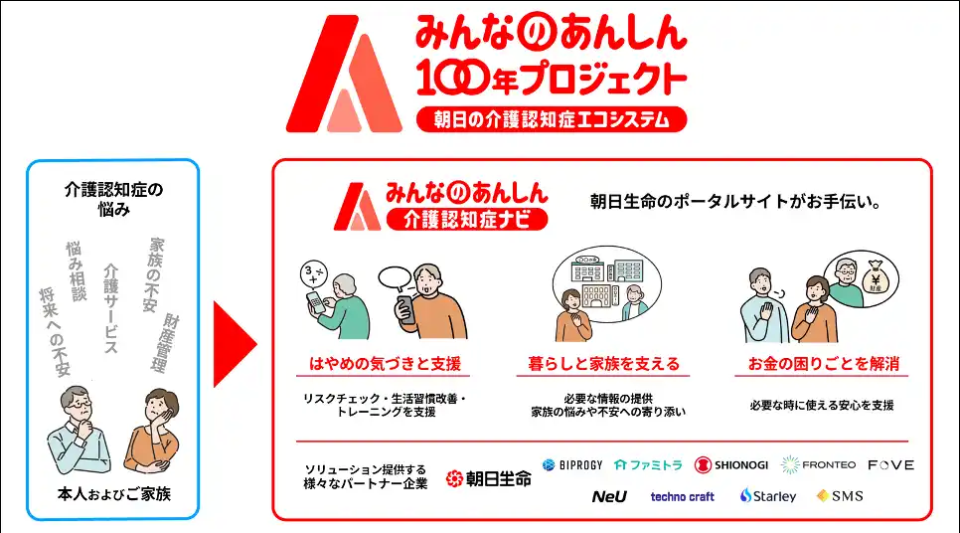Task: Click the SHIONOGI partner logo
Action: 731,465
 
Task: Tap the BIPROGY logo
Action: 572,465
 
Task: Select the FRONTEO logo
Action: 818,465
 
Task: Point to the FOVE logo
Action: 890,465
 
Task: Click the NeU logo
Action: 609,496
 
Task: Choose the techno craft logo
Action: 682,497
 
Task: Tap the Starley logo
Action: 768,495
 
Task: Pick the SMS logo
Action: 840,495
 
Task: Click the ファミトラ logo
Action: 648,465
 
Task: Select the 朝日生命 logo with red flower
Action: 489,478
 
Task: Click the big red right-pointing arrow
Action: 236,344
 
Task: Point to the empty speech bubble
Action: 395,278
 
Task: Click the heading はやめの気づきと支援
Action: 385,364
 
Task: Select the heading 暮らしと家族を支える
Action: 603,364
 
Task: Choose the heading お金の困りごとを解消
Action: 824,364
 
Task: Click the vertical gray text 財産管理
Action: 165,343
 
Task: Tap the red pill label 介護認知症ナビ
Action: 466,219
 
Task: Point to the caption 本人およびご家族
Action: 114,494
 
